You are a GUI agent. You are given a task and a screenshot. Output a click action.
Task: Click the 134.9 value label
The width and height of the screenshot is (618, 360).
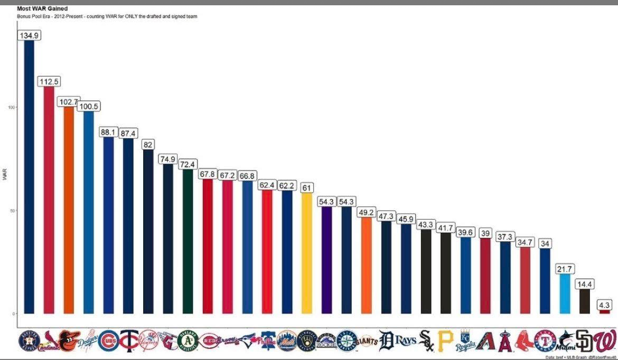pos(29,35)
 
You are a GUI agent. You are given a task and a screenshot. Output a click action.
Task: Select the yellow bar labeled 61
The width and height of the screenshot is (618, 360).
pos(307,253)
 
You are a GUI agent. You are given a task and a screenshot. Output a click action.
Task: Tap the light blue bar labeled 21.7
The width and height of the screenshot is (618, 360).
pos(565,293)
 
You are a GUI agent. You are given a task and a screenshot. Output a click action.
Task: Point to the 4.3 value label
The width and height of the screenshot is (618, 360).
pos(604,305)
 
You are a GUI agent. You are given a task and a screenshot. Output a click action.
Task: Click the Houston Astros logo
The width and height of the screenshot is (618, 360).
pos(29,340)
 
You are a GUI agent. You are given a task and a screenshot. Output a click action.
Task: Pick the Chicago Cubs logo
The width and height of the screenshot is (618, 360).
pos(108,340)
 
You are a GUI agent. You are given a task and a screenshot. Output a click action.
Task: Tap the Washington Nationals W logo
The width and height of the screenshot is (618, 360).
pos(605,340)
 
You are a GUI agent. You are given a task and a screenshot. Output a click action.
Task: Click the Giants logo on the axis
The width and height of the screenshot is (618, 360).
pos(366,342)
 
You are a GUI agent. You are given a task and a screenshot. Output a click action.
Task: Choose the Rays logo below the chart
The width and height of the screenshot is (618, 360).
pos(406,341)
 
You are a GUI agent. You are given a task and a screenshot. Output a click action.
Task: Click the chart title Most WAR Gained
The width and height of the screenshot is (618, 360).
pos(42,8)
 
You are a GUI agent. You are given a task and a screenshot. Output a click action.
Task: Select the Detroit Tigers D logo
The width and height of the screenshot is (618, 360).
pos(387,341)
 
